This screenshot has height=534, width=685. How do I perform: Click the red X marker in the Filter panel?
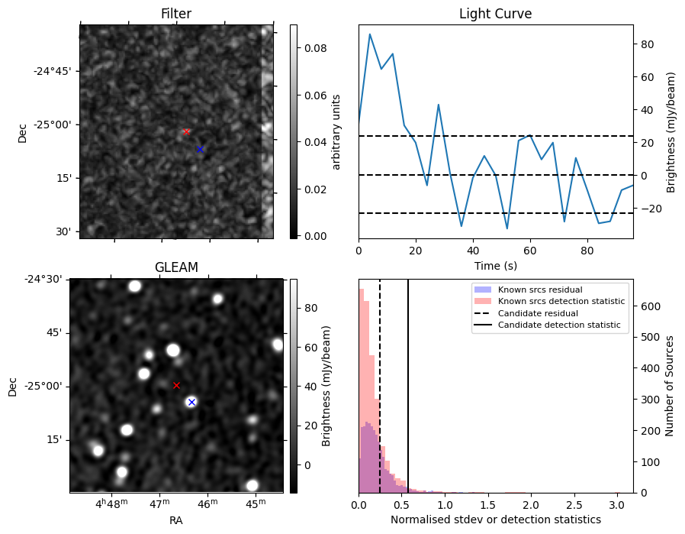(x=186, y=132)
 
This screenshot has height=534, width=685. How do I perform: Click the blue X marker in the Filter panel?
(x=200, y=149)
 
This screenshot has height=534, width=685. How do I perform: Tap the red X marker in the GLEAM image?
(x=176, y=385)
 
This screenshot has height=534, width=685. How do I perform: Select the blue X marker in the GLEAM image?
(x=191, y=402)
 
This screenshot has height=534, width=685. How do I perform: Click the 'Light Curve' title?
(x=495, y=14)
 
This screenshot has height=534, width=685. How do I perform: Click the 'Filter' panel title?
(x=175, y=14)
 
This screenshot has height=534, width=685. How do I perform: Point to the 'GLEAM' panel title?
(x=176, y=267)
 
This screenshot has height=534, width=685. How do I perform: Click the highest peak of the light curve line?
(x=370, y=34)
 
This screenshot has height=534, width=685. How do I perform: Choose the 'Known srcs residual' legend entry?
(x=539, y=290)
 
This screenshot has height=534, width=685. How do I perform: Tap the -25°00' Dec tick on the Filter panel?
(x=53, y=125)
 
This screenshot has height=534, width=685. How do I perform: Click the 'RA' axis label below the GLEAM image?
(x=176, y=520)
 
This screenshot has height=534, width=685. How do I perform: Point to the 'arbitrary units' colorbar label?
(x=336, y=131)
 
